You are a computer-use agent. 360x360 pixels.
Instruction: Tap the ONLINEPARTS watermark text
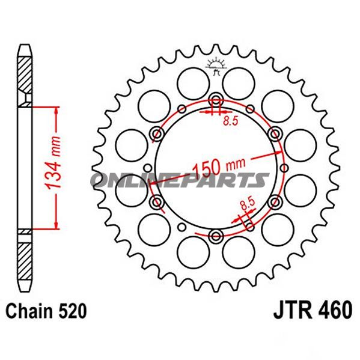(180, 180)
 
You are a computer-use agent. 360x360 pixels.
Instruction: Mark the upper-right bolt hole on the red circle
(275, 133)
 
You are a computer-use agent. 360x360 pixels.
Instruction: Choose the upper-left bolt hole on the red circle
(157, 133)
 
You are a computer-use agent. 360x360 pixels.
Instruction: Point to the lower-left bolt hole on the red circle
(157, 203)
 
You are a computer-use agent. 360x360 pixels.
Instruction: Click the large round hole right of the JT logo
(240, 79)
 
